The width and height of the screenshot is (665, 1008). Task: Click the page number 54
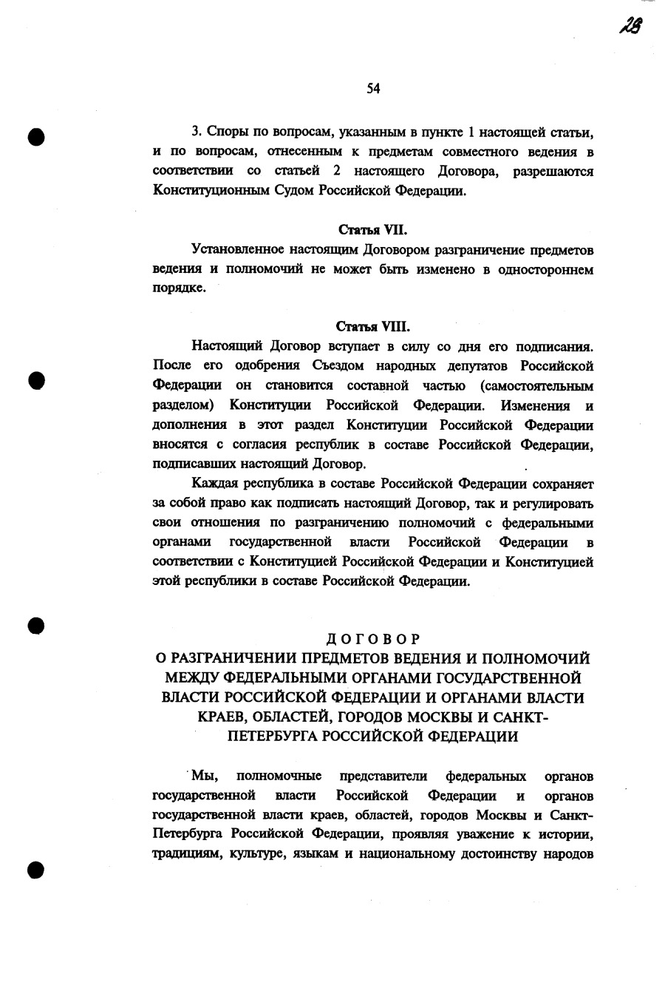(x=373, y=89)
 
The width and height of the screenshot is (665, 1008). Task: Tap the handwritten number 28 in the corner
(x=631, y=26)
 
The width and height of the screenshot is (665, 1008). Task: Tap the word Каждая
(x=215, y=484)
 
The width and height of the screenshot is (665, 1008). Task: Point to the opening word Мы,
(x=204, y=776)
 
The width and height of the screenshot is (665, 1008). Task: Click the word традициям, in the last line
(x=185, y=853)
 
